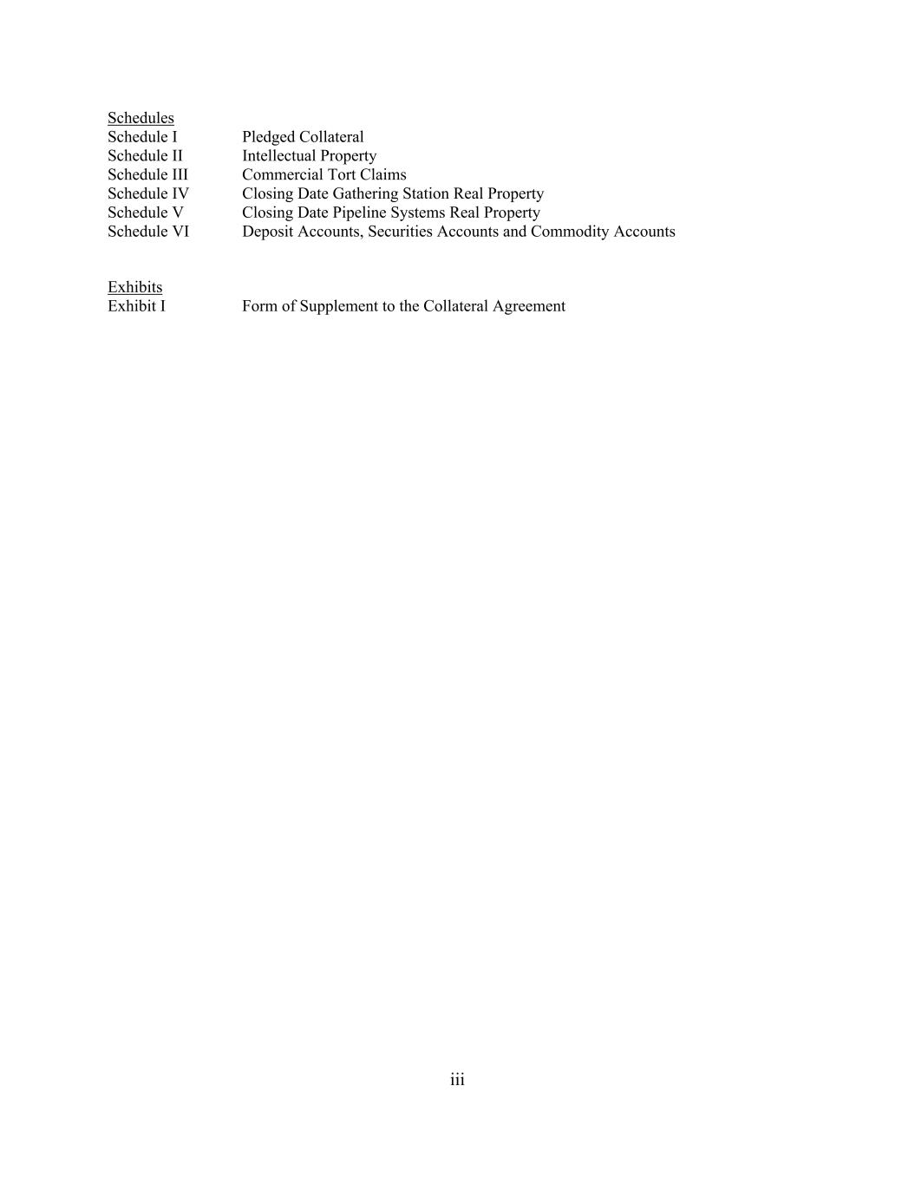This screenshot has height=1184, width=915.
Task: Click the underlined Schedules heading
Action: point(141,118)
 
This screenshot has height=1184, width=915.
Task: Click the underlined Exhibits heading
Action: point(134,287)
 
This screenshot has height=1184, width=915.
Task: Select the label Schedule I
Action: point(142,137)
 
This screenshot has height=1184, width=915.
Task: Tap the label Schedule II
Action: point(145,156)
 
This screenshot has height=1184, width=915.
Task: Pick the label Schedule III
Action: point(147,174)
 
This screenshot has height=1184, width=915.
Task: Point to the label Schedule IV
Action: point(147,193)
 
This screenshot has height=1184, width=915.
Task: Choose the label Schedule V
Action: point(145,213)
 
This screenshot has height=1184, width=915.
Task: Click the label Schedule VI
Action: point(147,232)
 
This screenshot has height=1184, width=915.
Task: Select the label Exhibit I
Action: point(136,306)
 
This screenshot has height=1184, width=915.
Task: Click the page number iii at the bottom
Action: point(457,1080)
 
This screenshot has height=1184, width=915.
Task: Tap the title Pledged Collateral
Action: point(303,137)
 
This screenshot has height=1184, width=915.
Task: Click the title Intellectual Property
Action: point(309,156)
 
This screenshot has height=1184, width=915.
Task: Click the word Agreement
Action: point(529,306)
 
